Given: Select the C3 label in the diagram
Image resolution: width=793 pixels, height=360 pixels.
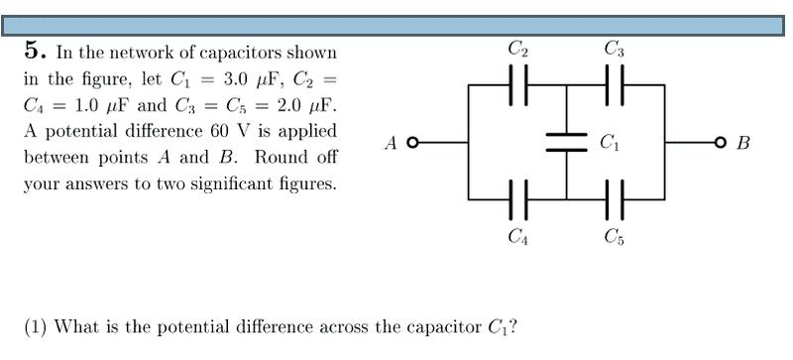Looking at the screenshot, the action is tap(615, 50).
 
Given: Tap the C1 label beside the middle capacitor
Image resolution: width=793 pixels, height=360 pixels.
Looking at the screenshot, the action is tap(610, 143).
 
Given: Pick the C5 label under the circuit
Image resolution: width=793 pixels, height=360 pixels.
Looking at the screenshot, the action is tap(615, 236).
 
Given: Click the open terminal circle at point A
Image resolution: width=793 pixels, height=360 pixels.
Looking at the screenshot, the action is tap(413, 143).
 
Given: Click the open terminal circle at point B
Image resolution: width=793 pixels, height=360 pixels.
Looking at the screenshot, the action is tap(721, 143).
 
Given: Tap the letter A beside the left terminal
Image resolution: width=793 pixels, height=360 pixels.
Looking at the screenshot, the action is tap(391, 143).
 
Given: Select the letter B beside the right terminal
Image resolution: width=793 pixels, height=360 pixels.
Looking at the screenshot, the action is tap(742, 143).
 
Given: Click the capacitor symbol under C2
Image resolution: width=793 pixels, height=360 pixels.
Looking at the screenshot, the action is tap(517, 85).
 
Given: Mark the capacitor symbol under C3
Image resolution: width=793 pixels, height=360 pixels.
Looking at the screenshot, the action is tap(615, 85).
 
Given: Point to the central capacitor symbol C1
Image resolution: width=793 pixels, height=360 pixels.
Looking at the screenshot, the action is tap(566, 143).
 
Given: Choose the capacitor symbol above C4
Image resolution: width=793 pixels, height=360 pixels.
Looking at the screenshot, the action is tap(517, 199).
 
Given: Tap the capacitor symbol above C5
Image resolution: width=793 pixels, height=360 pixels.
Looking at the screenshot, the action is tap(615, 199).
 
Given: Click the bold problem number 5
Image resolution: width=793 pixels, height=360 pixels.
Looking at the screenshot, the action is tap(32, 52).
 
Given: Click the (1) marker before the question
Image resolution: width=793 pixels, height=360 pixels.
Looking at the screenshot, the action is tap(36, 327).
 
